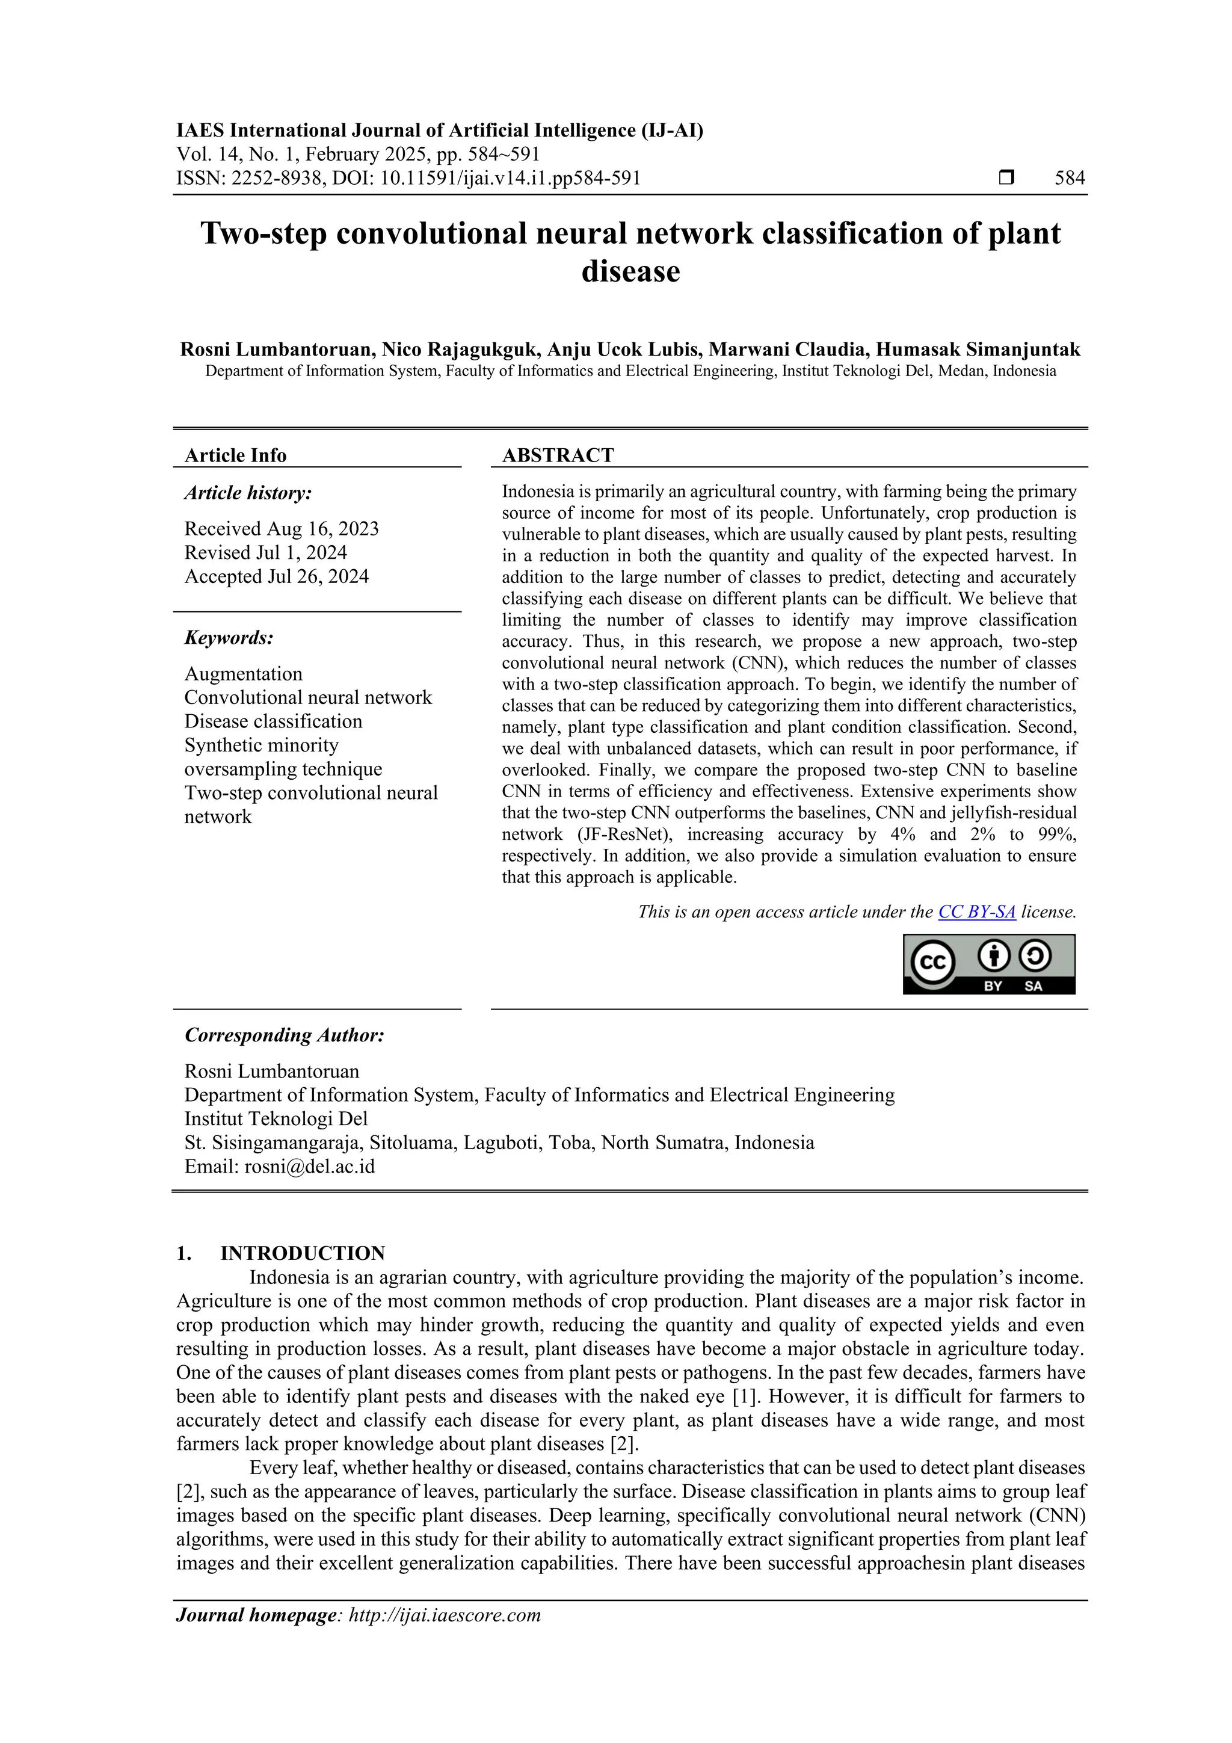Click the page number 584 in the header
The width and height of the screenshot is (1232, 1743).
click(1070, 179)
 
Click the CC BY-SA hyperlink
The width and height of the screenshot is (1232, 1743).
click(976, 912)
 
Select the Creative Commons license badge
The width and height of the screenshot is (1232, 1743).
click(988, 963)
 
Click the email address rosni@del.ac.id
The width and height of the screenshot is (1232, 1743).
click(309, 1166)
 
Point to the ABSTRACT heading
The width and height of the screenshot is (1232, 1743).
click(557, 455)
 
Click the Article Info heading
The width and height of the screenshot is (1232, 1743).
click(235, 455)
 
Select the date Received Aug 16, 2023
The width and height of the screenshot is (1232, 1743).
click(281, 528)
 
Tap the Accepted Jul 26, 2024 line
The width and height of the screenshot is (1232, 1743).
click(276, 576)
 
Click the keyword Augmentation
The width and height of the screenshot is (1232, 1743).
click(243, 674)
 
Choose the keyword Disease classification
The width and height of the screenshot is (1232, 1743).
click(273, 721)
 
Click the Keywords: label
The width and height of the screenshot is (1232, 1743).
click(229, 638)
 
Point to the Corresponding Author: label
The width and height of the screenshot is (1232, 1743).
click(284, 1035)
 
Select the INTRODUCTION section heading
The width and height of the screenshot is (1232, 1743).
click(302, 1253)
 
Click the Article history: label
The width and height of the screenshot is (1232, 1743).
click(247, 493)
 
